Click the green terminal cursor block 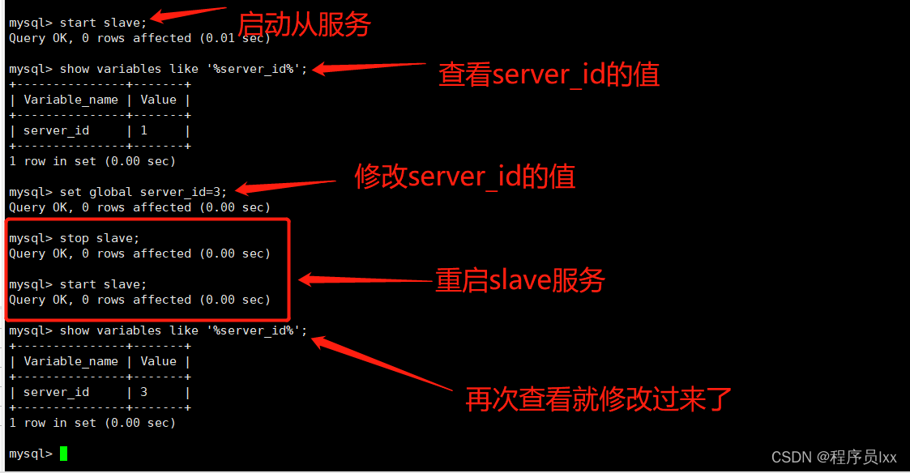pyautogui.click(x=63, y=454)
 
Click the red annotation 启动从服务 pyautogui.click(x=303, y=24)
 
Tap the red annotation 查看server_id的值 pyautogui.click(x=549, y=75)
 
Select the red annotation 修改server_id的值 pyautogui.click(x=464, y=176)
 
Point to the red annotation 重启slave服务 pyautogui.click(x=519, y=280)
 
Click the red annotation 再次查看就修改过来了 pyautogui.click(x=598, y=398)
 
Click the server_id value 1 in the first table pyautogui.click(x=143, y=130)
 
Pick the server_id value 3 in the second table pyautogui.click(x=143, y=392)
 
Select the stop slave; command pyautogui.click(x=100, y=238)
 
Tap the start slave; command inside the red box pyautogui.click(x=103, y=284)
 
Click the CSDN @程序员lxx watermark pyautogui.click(x=834, y=458)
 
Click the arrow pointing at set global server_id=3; pyautogui.click(x=284, y=187)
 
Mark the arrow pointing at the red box pyautogui.click(x=365, y=280)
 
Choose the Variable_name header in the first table pyautogui.click(x=70, y=100)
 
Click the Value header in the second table pyautogui.click(x=158, y=361)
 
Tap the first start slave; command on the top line pyautogui.click(x=103, y=23)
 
